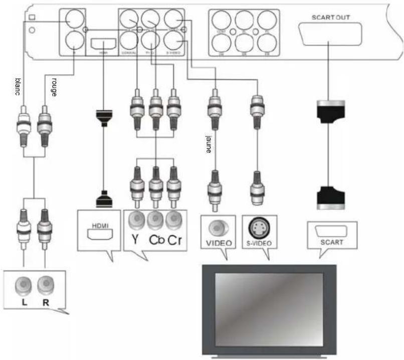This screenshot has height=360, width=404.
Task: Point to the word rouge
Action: tap(53, 84)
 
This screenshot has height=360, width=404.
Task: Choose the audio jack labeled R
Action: tap(46, 286)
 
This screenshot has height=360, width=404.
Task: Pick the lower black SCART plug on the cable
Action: tap(330, 197)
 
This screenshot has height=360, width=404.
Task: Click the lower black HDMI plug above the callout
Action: tap(103, 199)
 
